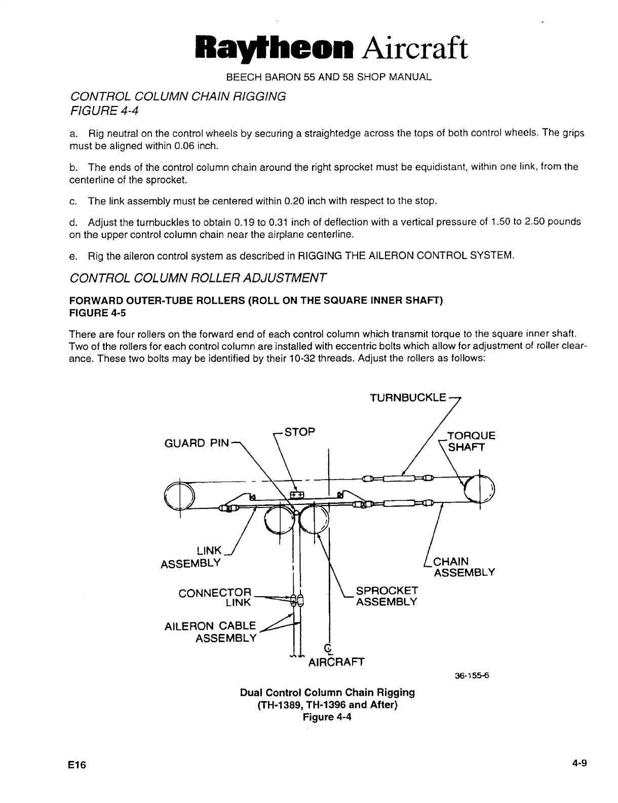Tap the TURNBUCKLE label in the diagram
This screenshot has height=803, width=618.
click(408, 398)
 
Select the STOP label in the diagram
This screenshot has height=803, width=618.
click(300, 432)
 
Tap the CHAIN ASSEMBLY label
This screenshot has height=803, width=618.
click(461, 567)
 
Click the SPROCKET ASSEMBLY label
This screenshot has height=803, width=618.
click(387, 596)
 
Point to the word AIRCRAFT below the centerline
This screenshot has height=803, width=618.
click(336, 662)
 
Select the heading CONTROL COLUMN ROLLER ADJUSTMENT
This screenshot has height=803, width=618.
click(198, 278)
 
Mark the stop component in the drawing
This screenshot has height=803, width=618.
click(296, 494)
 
